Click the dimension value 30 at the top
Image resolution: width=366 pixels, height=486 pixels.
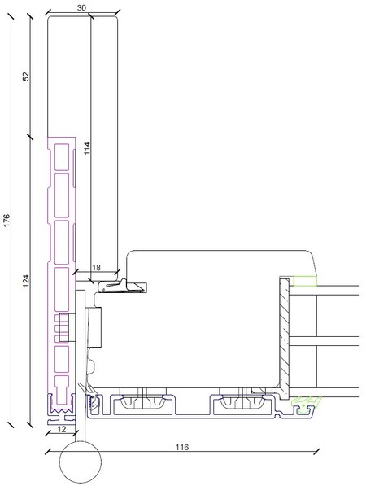pos(81,8)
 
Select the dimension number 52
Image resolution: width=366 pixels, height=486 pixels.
pos(26,76)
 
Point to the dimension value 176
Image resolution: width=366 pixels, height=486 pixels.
pos(7,220)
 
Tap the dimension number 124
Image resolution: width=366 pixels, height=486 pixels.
pos(26,280)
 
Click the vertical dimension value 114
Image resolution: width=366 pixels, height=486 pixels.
pos(87,148)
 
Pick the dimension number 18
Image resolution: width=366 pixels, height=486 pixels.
pos(97,267)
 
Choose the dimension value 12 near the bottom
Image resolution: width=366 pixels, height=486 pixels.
pos(62,429)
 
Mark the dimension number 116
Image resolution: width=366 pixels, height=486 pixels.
pos(182,447)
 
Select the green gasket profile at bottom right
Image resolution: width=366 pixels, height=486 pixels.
pos(305,405)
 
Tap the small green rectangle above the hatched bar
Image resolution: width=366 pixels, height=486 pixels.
pos(305,281)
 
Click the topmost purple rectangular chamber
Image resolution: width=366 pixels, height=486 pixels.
pos(62,157)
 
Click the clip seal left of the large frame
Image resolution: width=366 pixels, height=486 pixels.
pos(122,286)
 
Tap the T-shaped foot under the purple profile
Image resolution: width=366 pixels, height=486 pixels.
pos(62,420)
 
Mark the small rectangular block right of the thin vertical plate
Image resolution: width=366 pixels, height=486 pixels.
pos(94,327)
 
